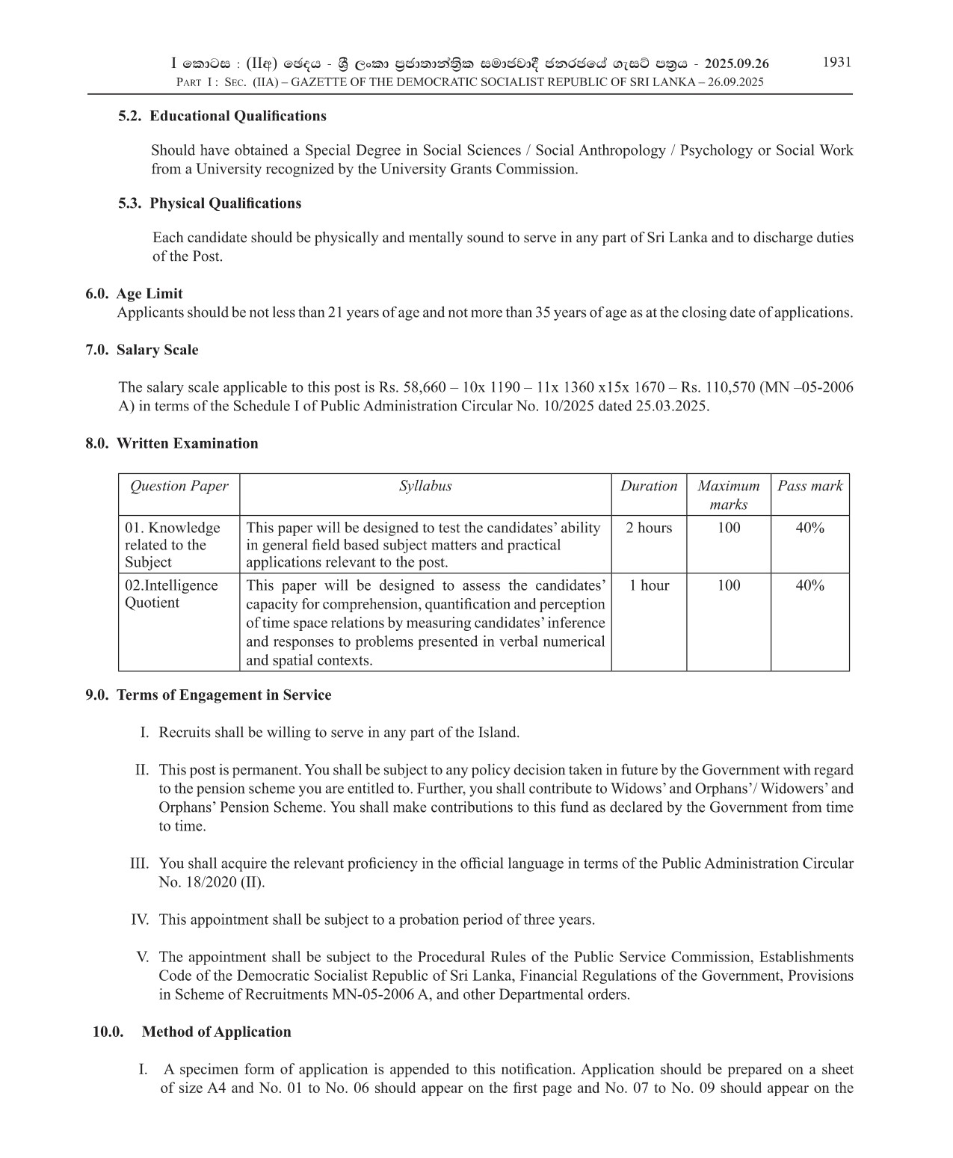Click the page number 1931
pyautogui.click(x=836, y=62)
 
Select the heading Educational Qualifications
pyautogui.click(x=238, y=116)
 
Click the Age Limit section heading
pyautogui.click(x=149, y=294)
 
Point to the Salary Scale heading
pyautogui.click(x=157, y=350)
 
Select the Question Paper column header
pyautogui.click(x=179, y=486)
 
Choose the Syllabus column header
pyautogui.click(x=425, y=486)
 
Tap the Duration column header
pyautogui.click(x=648, y=486)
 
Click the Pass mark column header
pyautogui.click(x=809, y=486)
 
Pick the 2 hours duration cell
pyautogui.click(x=649, y=528)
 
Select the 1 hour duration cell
pyautogui.click(x=649, y=585)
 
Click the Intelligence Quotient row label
pyautogui.click(x=171, y=594)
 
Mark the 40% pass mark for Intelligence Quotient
pyautogui.click(x=809, y=585)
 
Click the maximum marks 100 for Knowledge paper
pyautogui.click(x=729, y=528)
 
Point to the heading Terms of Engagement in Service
pyautogui.click(x=223, y=695)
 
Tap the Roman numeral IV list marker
pyautogui.click(x=140, y=920)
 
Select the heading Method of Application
pyautogui.click(x=216, y=1032)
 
